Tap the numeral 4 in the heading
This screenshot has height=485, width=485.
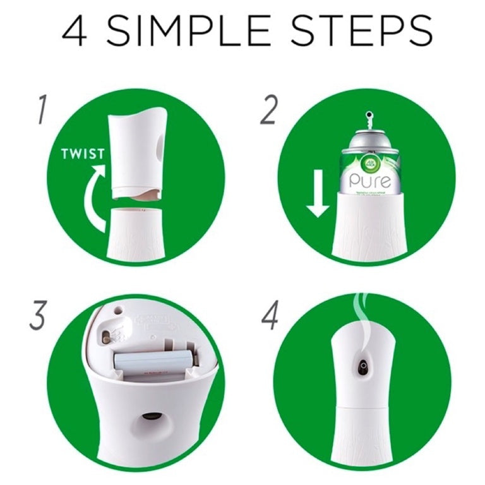[75, 31]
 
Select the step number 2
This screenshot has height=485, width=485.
[269, 110]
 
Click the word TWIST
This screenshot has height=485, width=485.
[83, 153]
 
